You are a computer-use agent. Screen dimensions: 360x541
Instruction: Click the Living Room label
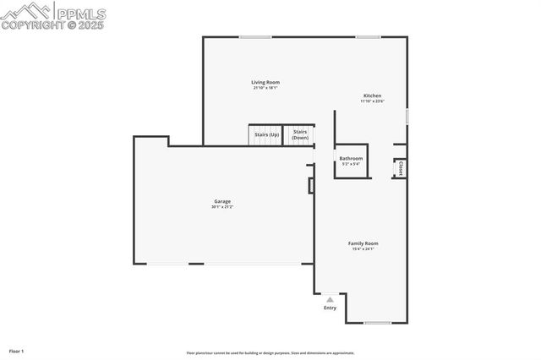tap(265, 82)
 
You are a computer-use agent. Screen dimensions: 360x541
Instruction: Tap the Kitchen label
tap(372, 95)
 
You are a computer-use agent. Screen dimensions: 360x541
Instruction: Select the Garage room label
tap(221, 201)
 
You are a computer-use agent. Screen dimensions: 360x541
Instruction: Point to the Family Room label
tap(363, 243)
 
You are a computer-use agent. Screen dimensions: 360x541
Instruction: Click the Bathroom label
tap(351, 158)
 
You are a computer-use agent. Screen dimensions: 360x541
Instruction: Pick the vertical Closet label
tap(401, 168)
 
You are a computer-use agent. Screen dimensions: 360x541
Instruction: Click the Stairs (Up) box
tap(264, 134)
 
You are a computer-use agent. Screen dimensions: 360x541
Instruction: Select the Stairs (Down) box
tap(300, 134)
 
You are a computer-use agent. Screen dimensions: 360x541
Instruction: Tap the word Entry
tap(330, 308)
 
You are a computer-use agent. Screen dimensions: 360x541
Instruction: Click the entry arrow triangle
tap(330, 299)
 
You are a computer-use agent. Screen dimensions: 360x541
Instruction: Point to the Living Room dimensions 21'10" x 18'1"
tap(265, 88)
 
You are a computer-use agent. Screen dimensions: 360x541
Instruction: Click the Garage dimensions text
tap(221, 207)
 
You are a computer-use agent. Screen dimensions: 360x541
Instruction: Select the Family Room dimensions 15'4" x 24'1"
tap(363, 249)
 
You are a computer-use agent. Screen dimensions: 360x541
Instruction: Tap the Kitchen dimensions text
tap(372, 101)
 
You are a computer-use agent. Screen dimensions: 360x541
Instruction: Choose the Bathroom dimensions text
tap(351, 164)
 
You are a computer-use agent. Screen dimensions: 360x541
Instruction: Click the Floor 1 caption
tap(17, 350)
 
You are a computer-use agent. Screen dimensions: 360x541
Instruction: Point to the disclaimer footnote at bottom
tap(270, 353)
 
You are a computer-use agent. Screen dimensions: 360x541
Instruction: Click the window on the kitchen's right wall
tap(407, 116)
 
